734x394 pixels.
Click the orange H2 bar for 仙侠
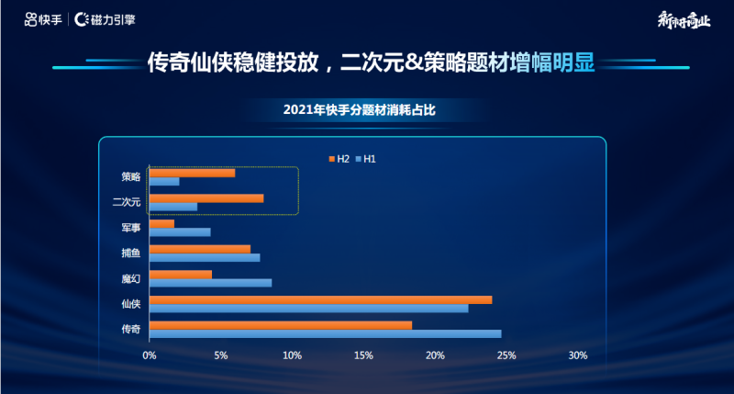coord(320,299)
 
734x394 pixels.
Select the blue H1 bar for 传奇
coord(325,333)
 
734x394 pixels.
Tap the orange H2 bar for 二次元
coord(206,198)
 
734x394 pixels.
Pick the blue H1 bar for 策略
coord(164,181)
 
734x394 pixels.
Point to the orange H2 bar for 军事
coord(161,223)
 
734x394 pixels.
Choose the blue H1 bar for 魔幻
coord(210,283)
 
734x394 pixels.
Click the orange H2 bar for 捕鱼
coord(199,249)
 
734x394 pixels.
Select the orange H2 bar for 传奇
coord(280,325)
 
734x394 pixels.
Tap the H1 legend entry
coord(366,159)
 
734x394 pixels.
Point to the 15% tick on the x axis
coord(363,355)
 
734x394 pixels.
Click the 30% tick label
coord(577,355)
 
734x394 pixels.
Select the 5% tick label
coord(220,355)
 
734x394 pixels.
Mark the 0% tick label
coord(149,355)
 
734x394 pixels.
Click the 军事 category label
coord(130,227)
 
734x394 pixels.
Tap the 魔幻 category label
coord(130,278)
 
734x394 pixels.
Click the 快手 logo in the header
coord(43,19)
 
